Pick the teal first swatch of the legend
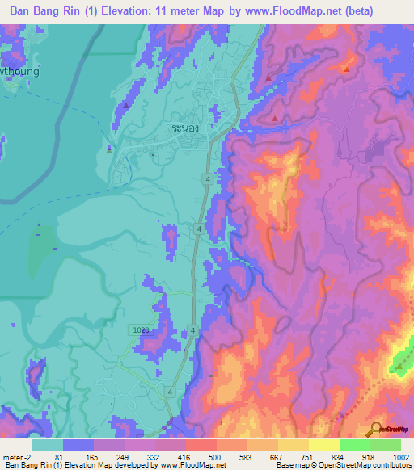[x=48, y=445]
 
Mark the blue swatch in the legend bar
[x=78, y=445]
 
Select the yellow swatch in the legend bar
[x=323, y=445]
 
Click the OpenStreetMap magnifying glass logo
[x=374, y=428]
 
